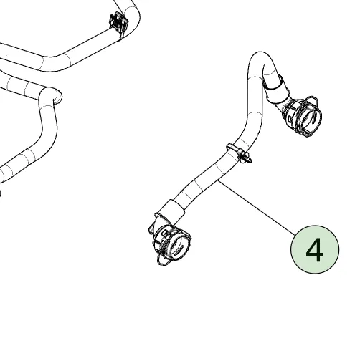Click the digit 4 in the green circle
click(315, 250)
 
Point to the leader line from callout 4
click(257, 207)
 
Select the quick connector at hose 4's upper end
click(302, 116)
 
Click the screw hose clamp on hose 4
click(239, 153)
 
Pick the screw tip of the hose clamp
click(250, 160)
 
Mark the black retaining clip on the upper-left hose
click(119, 23)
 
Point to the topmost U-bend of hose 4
click(260, 55)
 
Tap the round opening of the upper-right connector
click(310, 119)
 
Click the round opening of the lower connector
click(179, 245)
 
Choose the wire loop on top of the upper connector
click(311, 100)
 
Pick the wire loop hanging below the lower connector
click(164, 260)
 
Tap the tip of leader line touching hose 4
click(218, 180)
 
